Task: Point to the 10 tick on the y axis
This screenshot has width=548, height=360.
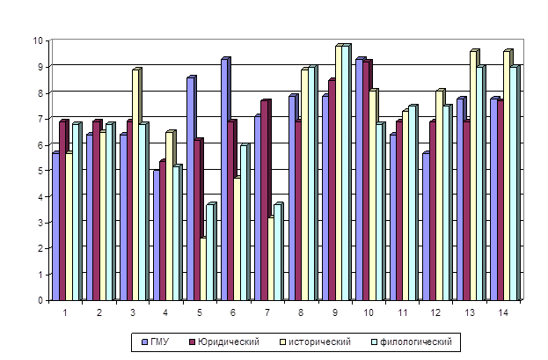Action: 40,40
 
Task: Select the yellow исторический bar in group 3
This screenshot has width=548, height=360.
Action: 135,186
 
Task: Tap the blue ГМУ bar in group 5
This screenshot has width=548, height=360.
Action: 190,190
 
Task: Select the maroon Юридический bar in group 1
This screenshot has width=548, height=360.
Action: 62,211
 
